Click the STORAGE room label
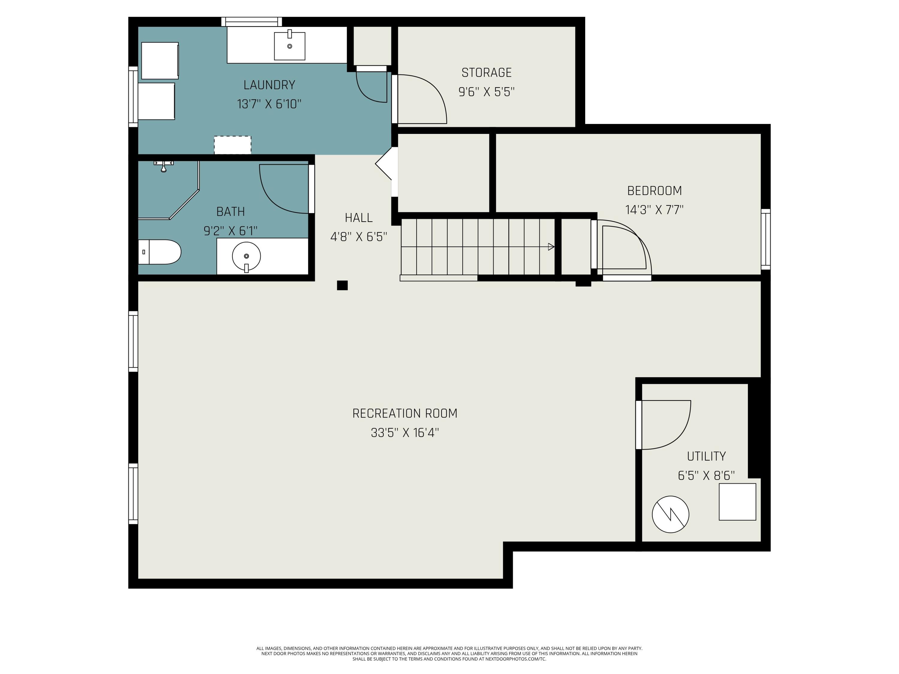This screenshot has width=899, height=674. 486,73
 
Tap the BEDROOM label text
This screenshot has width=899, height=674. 654,191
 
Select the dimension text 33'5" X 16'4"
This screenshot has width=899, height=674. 405,433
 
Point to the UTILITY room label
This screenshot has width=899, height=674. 706,456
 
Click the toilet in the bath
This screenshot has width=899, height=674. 159,252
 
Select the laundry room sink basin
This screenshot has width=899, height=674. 289,46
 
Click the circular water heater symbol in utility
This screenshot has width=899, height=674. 671,514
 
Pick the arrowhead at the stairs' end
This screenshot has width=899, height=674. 551,247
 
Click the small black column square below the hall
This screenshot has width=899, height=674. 342,285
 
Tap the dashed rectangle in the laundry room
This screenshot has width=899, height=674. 233,145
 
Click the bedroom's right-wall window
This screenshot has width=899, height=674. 765,239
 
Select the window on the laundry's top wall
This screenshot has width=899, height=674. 252,22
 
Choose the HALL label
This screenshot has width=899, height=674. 358,218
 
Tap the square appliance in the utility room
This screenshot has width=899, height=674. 737,502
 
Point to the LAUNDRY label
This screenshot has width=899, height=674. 269,85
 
